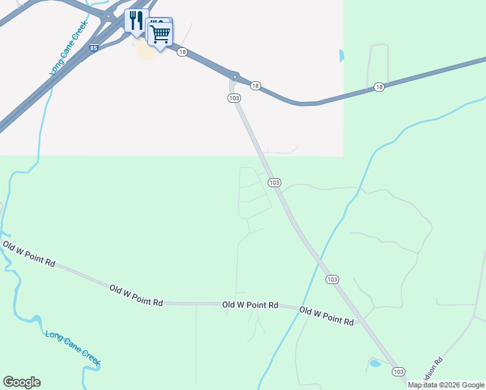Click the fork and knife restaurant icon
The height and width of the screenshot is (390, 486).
pos(136,21)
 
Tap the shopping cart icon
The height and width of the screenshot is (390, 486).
pos(160,32)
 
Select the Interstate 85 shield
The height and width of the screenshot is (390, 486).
pos(94,48)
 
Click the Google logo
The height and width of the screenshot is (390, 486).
pos(21,382)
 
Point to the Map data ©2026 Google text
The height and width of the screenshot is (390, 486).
pos(446,385)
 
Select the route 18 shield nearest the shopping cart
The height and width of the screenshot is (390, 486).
pos(182,52)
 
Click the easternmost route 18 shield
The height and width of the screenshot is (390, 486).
pos(379,86)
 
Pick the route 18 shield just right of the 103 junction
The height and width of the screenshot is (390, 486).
pos(255,86)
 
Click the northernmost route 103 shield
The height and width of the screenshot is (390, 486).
pos(234,97)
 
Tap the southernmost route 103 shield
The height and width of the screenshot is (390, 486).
pos(398,371)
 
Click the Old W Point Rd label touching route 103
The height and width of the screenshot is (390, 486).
pos(327,317)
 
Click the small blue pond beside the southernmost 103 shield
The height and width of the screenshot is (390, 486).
pos(375,363)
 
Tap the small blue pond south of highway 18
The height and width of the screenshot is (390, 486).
pos(341,56)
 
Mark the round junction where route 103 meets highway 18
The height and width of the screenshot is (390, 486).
pos(235,76)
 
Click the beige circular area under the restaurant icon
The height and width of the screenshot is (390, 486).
pos(146,49)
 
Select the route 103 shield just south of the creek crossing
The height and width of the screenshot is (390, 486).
pos(332,279)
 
